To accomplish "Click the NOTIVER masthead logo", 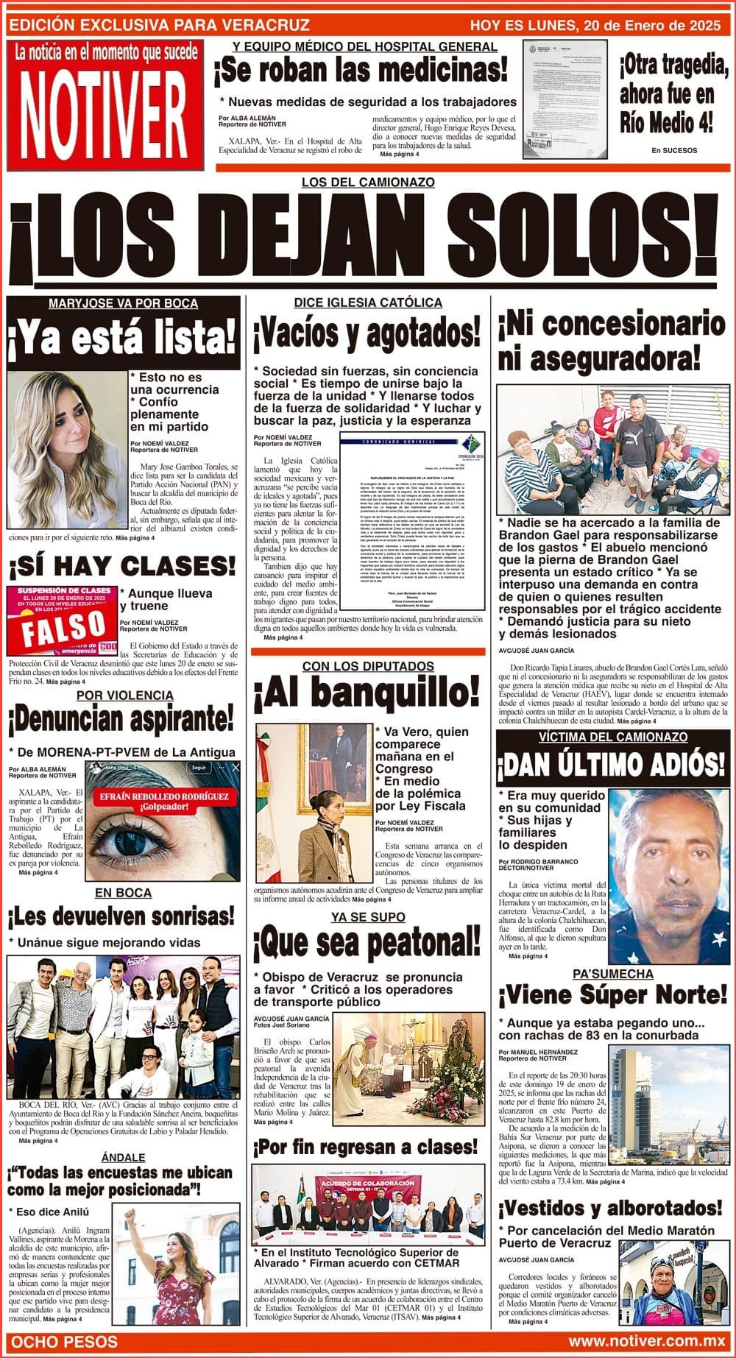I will pyautogui.click(x=103, y=112).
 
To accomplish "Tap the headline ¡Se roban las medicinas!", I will pyautogui.click(x=361, y=71).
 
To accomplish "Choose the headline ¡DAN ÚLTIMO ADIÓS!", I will pyautogui.click(x=612, y=765).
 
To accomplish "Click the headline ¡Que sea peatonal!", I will pyautogui.click(x=366, y=944).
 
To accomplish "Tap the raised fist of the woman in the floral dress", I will pyautogui.click(x=132, y=1219).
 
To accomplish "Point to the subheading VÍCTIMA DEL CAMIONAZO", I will pyautogui.click(x=612, y=737).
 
